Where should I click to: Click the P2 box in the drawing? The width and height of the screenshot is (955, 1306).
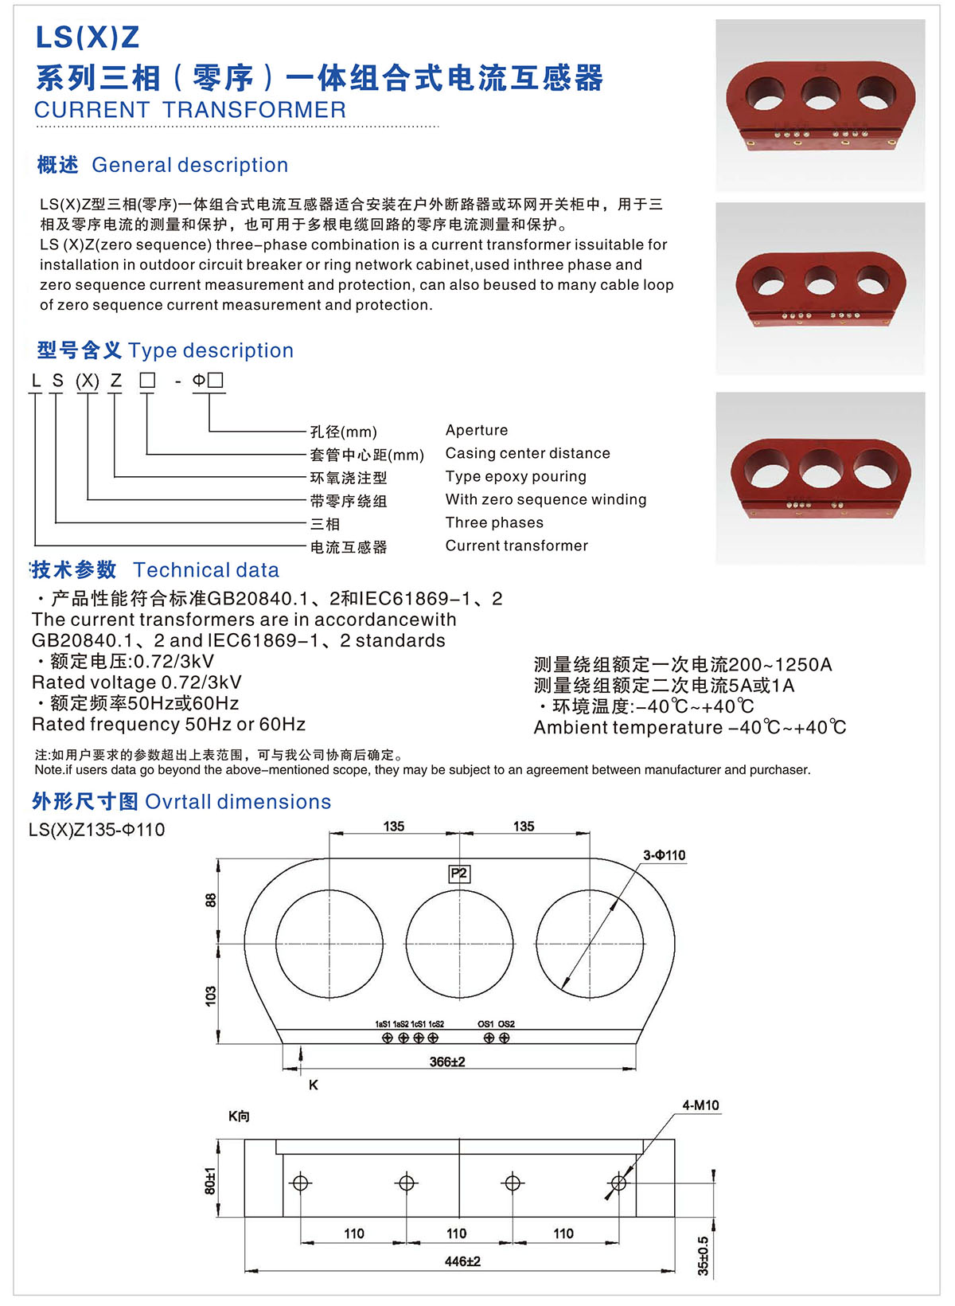[459, 874]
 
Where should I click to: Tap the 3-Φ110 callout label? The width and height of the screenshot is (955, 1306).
[664, 855]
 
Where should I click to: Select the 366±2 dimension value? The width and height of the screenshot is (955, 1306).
[447, 1062]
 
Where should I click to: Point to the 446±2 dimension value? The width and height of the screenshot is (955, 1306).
[462, 1261]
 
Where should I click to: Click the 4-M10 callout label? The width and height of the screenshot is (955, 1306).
[700, 1105]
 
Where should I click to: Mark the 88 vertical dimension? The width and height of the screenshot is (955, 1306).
[211, 900]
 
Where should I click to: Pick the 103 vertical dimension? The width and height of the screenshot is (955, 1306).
[211, 995]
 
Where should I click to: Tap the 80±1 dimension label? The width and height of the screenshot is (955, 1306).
[210, 1181]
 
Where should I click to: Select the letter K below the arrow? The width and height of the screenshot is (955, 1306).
[314, 1085]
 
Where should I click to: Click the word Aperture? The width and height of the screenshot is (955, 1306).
[477, 430]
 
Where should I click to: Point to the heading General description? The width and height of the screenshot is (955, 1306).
[189, 165]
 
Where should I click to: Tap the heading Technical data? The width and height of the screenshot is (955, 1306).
[206, 570]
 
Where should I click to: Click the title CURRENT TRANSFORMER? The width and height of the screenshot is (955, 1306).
[190, 110]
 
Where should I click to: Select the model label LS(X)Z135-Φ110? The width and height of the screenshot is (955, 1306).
[97, 830]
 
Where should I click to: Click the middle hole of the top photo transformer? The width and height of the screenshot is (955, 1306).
[821, 93]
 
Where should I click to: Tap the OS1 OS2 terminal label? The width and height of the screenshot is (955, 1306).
[496, 1024]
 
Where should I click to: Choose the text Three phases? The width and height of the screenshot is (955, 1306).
[494, 522]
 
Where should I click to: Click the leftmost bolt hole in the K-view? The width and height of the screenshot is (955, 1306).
[301, 1183]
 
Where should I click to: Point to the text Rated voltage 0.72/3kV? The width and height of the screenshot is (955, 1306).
[136, 682]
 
